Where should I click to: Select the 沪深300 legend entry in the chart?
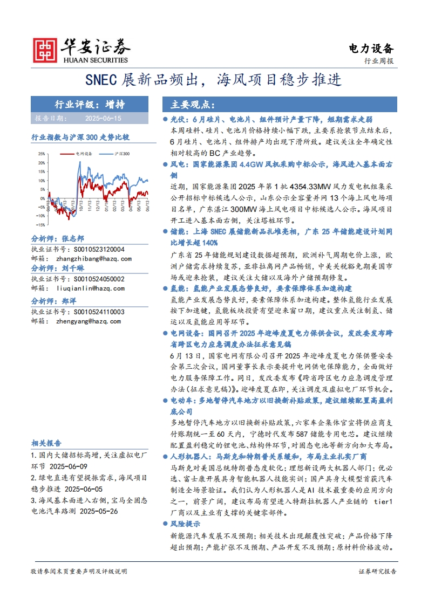pyautogui.click(x=122, y=154)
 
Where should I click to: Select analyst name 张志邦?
pyautogui.click(x=72, y=238)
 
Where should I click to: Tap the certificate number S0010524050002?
pyautogui.click(x=90, y=279)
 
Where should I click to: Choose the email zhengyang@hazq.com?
pyautogui.click(x=87, y=320)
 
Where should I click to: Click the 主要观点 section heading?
pyautogui.click(x=193, y=105)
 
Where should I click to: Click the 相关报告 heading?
pyautogui.click(x=46, y=443)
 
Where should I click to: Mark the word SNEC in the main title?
pyautogui.click(x=102, y=80)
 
